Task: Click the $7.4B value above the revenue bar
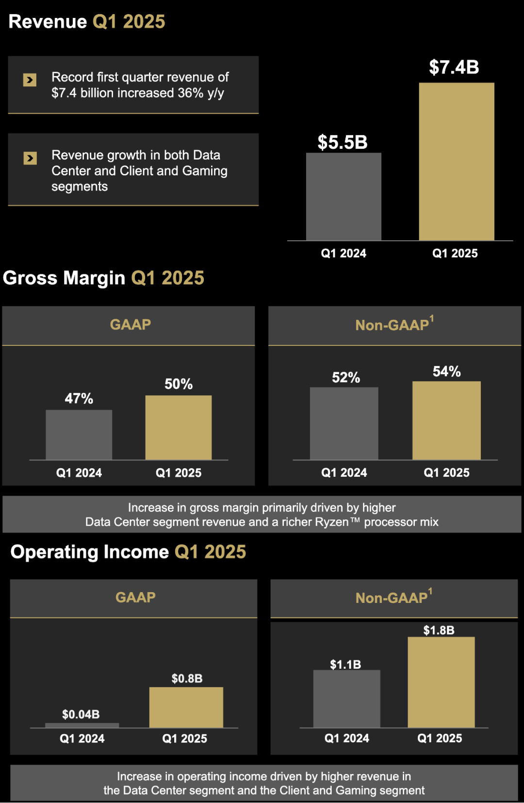coord(454,67)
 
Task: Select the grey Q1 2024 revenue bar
coord(344,196)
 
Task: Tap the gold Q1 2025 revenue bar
coord(456,161)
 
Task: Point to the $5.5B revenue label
coord(343,142)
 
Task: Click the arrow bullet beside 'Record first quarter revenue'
coord(30,80)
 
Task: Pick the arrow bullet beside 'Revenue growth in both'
coord(30,158)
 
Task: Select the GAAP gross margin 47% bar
coord(79,435)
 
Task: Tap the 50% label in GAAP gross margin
coord(179,384)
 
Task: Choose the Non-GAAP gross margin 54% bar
coord(446,420)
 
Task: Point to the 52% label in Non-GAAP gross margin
coord(346,378)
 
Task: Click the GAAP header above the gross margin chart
coord(131,324)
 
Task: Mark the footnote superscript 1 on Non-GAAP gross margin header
coord(431,318)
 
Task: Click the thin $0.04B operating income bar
coord(82,725)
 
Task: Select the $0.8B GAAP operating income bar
coord(186,707)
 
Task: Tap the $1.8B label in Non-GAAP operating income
coord(439,630)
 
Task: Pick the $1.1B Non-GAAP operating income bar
coord(346,698)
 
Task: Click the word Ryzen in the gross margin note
coord(331,522)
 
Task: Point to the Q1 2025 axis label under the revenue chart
coord(455,253)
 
